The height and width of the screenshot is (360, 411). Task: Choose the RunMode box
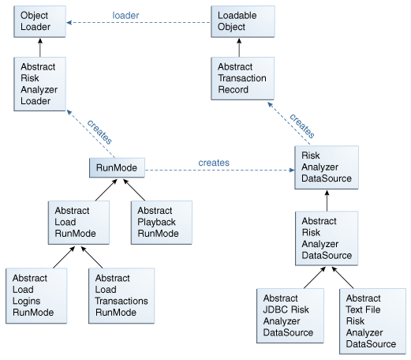(117, 168)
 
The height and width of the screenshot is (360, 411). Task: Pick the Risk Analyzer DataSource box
(326, 167)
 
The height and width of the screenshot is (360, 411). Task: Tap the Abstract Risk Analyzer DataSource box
(326, 238)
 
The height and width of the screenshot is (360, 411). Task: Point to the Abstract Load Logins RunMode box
(34, 295)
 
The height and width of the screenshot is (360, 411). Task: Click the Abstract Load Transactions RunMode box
(121, 295)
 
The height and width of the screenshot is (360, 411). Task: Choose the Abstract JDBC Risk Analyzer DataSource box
(288, 315)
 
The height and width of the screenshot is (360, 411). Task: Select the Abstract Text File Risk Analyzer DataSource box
(371, 321)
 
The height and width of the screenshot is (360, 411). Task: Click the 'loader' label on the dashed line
(126, 14)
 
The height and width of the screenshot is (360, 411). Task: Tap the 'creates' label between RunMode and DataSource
(213, 163)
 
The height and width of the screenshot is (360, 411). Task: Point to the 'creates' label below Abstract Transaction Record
(301, 126)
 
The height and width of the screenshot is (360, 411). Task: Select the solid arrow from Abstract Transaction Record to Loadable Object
(241, 48)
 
